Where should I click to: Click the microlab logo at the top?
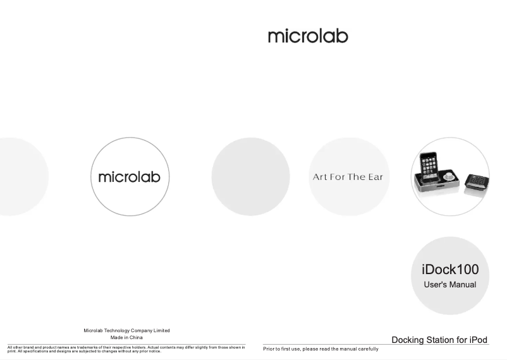[308, 36]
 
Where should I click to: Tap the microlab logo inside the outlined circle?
[130, 177]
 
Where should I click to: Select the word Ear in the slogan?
[376, 177]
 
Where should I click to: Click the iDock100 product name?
[450, 269]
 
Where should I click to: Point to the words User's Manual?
[449, 285]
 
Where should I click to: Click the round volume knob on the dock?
[448, 176]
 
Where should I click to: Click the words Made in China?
[126, 337]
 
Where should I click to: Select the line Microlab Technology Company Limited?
[126, 330]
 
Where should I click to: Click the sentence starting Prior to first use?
[321, 349]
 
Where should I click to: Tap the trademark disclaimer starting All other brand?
[126, 349]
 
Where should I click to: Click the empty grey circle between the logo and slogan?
[250, 176]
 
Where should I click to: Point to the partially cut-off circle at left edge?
[23, 176]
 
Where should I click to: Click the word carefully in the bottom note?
[369, 349]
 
